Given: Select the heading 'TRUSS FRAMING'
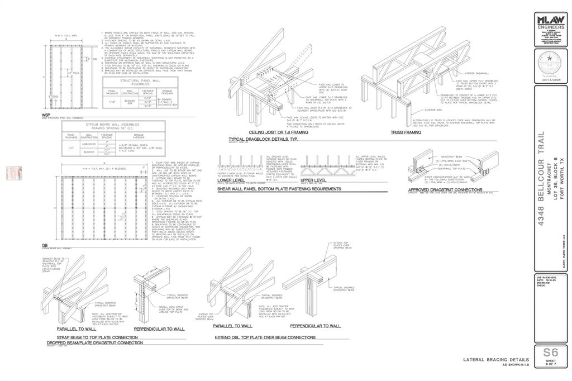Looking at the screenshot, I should point(406,132).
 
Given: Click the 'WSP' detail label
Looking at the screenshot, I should point(46,115).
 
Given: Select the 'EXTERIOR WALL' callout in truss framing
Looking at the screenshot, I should point(433,110).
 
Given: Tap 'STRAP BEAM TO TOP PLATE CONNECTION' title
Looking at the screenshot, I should point(97,337).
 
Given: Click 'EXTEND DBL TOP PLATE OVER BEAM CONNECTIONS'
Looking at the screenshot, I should point(265,337).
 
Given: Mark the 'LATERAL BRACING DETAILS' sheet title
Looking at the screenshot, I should point(496,360).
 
